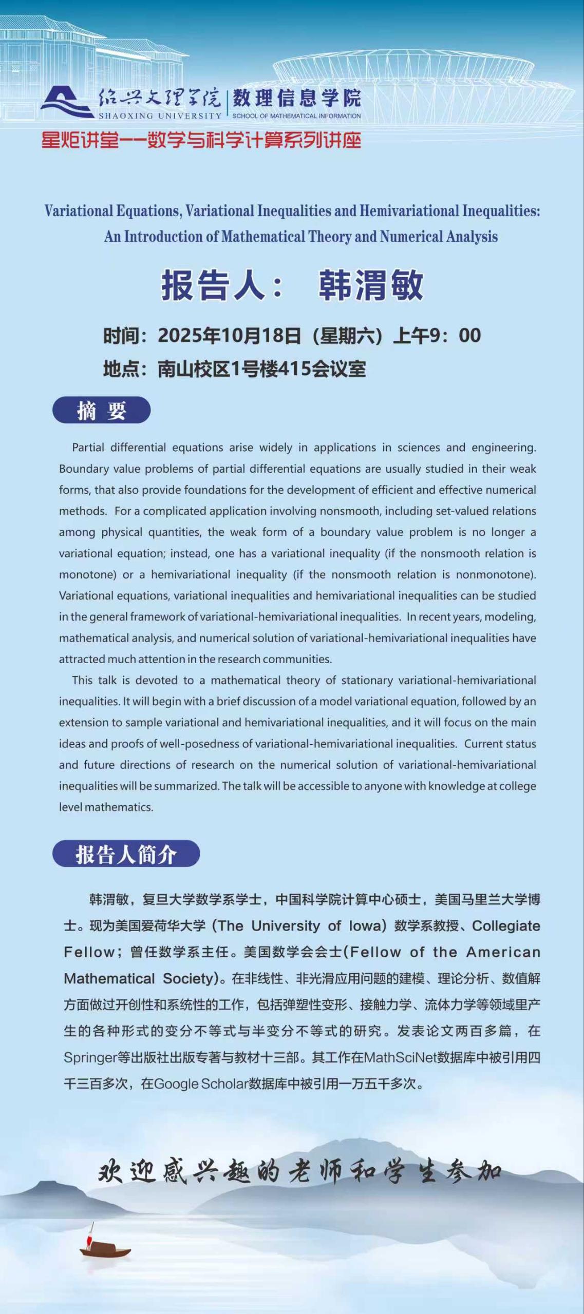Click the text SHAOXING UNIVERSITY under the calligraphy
click(160, 116)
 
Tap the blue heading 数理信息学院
click(296, 98)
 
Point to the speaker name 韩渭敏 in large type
click(370, 285)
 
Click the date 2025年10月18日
click(229, 336)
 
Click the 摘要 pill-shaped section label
click(101, 411)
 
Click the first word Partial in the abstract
click(88, 448)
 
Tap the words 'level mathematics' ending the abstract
click(106, 807)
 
